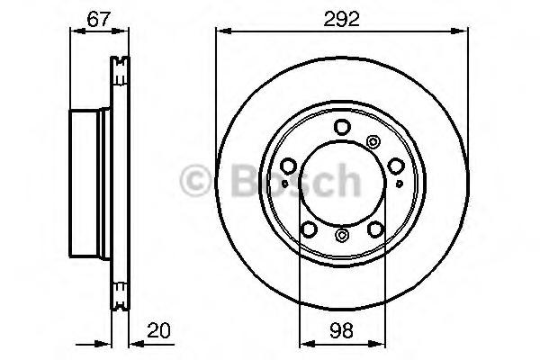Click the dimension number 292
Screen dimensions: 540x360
point(341,19)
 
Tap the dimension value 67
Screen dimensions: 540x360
point(98,19)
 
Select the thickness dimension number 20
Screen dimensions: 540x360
point(158,330)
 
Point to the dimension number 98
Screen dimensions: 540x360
point(341,330)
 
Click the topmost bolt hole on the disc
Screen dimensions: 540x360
point(342,127)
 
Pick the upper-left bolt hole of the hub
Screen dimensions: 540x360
point(288,166)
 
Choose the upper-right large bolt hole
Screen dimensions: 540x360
point(396,166)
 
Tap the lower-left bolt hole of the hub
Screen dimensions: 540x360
point(309,229)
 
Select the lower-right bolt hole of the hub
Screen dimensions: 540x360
point(375,229)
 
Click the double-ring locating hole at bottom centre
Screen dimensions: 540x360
point(342,235)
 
